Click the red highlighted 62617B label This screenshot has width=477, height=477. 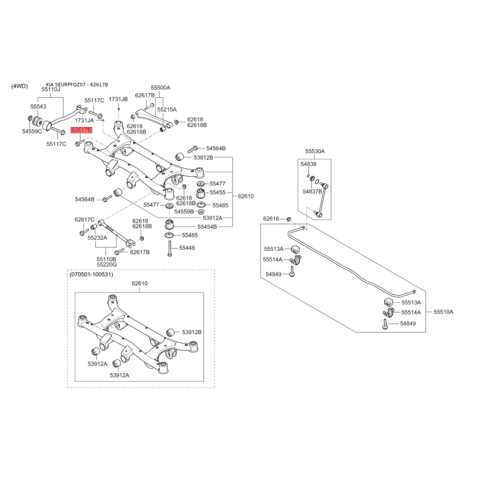pyautogui.click(x=81, y=130)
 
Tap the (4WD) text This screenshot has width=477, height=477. pyautogui.click(x=20, y=86)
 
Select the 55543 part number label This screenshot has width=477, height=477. pyautogui.click(x=38, y=107)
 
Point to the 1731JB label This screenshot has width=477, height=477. pyautogui.click(x=118, y=99)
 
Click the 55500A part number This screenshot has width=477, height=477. pyautogui.click(x=160, y=88)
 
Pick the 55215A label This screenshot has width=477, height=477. pyautogui.click(x=167, y=110)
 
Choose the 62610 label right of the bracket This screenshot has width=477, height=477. pyautogui.click(x=246, y=196)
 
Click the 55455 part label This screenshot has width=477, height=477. pyautogui.click(x=218, y=192)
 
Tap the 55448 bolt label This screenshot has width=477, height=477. pyautogui.click(x=187, y=248)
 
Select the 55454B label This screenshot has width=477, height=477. pyautogui.click(x=207, y=227)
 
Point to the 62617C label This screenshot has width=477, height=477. pyautogui.click(x=85, y=219)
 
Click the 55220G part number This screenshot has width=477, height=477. pyautogui.click(x=107, y=265)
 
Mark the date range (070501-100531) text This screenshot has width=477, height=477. pyautogui.click(x=91, y=274)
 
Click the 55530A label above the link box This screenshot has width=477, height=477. pyautogui.click(x=315, y=151)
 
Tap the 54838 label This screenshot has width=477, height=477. pyautogui.click(x=308, y=165)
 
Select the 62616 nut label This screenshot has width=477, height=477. pyautogui.click(x=271, y=218)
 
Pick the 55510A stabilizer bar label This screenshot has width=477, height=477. pyautogui.click(x=444, y=312)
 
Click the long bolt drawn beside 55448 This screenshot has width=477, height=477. pyautogui.click(x=169, y=248)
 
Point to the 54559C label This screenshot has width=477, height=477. pyautogui.click(x=32, y=131)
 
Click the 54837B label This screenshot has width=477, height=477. pyautogui.click(x=312, y=191)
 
